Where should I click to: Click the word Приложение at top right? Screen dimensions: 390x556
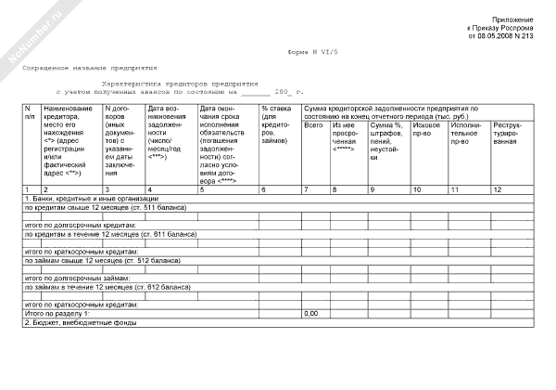pos(512,20)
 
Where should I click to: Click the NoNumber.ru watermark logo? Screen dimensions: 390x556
pos(32,33)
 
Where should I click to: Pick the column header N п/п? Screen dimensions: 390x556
pos(31,113)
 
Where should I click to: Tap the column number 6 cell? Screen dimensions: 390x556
pos(265,189)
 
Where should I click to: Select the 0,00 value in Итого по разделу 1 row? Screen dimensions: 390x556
pos(311,314)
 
